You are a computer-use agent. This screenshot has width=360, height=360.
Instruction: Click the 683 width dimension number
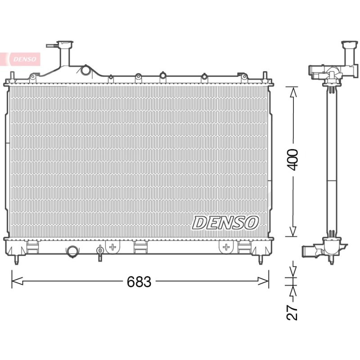pos(139,282)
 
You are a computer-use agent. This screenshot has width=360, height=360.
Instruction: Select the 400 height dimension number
pos(293,160)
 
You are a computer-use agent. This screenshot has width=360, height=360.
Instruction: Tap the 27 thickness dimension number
pos(292,312)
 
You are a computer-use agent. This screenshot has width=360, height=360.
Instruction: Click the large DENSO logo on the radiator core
pos(225,223)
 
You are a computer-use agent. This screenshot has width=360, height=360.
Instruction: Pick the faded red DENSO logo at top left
pos(25,59)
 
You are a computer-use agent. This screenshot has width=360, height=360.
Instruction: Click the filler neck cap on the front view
pos(65,44)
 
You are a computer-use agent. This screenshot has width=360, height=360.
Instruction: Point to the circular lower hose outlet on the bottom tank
pos(72,252)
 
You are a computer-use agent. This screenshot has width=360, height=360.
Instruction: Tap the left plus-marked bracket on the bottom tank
pos(112,247)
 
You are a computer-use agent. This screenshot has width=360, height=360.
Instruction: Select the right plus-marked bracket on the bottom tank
pos(226,247)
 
